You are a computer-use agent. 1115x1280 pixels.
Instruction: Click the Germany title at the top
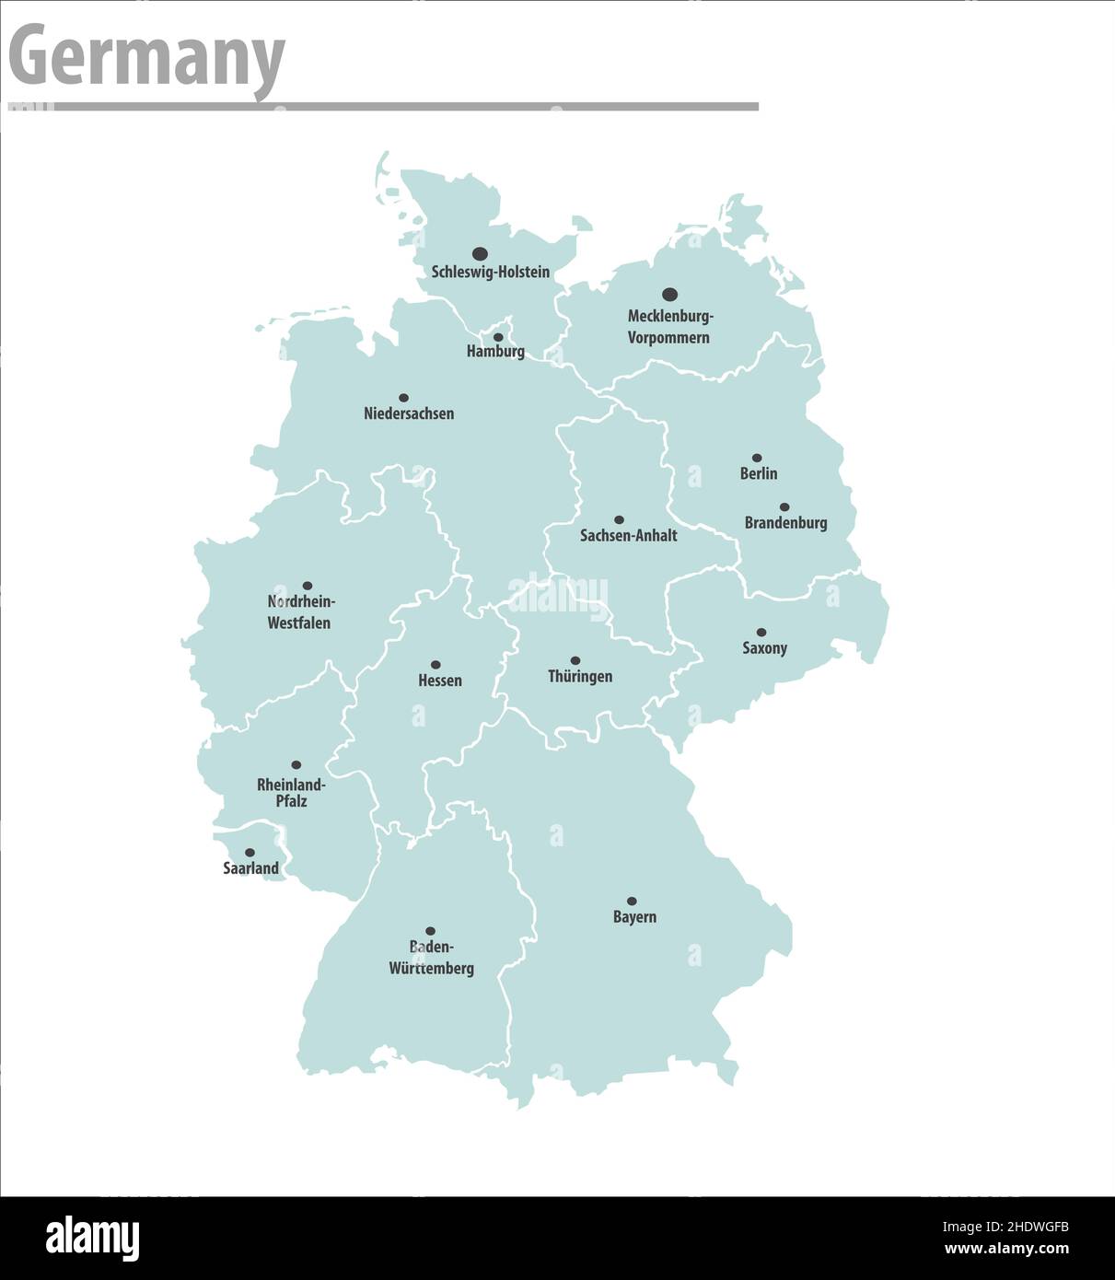[x=147, y=57]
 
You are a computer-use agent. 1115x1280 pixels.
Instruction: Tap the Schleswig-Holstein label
[x=491, y=272]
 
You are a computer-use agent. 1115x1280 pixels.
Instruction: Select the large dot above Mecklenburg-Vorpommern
[x=670, y=294]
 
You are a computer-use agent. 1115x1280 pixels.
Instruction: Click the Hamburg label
[x=495, y=351]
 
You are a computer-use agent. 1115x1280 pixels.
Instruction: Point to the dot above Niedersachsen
[x=403, y=398]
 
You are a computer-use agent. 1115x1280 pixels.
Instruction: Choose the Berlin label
[x=759, y=473]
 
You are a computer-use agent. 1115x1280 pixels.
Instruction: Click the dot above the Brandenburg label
[x=784, y=506]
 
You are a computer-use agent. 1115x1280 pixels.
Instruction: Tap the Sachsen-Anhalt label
[x=628, y=535]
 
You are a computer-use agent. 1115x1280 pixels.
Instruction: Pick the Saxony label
[x=765, y=647]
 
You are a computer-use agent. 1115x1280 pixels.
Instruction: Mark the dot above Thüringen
[x=575, y=660]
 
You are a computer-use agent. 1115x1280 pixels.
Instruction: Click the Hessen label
[x=440, y=681]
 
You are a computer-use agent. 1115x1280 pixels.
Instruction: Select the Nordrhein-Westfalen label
[x=300, y=612]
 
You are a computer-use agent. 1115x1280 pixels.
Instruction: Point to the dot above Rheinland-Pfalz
[x=296, y=764]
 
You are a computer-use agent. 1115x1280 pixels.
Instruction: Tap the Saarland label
[x=250, y=867]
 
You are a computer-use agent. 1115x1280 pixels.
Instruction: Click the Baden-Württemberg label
[x=431, y=958]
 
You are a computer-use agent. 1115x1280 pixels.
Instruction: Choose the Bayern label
[x=634, y=916]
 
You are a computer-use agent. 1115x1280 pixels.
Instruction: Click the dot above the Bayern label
[x=632, y=901]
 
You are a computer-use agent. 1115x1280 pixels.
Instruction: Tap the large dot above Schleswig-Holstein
[x=480, y=253]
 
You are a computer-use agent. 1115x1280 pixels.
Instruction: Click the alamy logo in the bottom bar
[x=92, y=1239]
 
